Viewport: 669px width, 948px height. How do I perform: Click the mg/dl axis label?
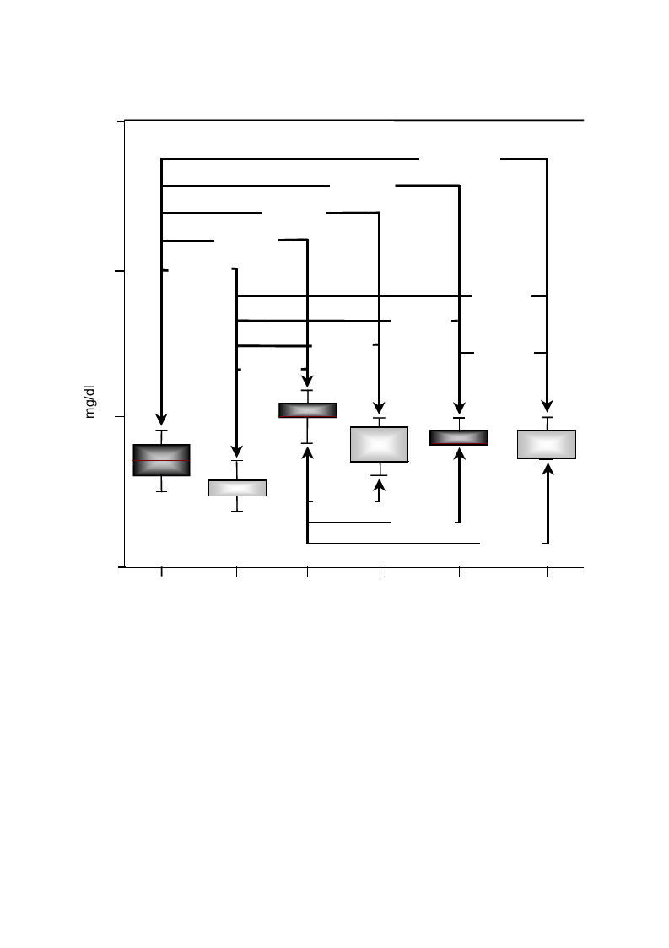tap(90, 401)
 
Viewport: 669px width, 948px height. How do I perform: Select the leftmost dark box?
tap(161, 460)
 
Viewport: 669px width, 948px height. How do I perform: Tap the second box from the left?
tap(237, 488)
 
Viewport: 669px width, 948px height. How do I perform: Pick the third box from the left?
tap(308, 410)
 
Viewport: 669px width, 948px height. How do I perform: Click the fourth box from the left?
tap(379, 444)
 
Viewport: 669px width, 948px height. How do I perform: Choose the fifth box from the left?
tap(459, 438)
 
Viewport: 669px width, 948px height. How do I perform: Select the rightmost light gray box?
tap(547, 444)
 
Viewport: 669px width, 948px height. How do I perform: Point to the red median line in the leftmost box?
tap(161, 461)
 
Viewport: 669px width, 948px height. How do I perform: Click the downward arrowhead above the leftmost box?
tap(161, 419)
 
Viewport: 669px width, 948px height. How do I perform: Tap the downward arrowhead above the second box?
tap(237, 451)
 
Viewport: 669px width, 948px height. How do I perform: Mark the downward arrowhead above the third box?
tap(308, 381)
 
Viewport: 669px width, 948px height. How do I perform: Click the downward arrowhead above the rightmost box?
tap(547, 406)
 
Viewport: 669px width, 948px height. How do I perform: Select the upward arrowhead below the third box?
tap(308, 452)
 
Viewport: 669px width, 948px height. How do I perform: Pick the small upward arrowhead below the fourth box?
tap(379, 485)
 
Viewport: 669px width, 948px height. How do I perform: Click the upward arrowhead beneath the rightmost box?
tap(548, 469)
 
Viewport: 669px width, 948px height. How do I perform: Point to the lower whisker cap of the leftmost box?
tap(161, 491)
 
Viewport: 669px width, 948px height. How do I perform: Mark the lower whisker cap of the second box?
tap(237, 512)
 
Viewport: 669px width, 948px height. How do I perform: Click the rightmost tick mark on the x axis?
tap(547, 572)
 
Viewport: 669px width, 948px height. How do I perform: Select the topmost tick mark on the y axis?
tap(121, 122)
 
